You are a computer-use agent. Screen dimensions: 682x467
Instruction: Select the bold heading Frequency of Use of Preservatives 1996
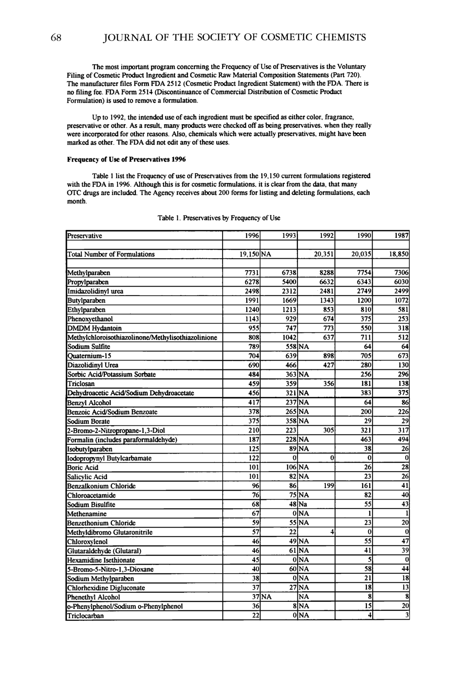[x=126, y=159]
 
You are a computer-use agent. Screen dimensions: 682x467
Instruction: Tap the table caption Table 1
[x=219, y=218]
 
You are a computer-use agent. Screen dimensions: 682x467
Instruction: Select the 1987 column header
[x=402, y=236]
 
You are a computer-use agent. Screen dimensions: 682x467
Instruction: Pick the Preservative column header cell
[x=85, y=236]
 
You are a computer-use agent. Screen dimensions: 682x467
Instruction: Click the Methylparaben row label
[x=89, y=273]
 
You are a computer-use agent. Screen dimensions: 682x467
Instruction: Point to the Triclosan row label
[x=81, y=384]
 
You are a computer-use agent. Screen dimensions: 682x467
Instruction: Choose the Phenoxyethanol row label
[x=90, y=319]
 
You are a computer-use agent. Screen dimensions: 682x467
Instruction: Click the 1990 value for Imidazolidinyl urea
[x=365, y=291]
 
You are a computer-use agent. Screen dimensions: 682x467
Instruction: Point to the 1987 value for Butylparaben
[x=402, y=300]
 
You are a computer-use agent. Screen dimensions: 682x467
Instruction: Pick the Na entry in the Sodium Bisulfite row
[x=303, y=505]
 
